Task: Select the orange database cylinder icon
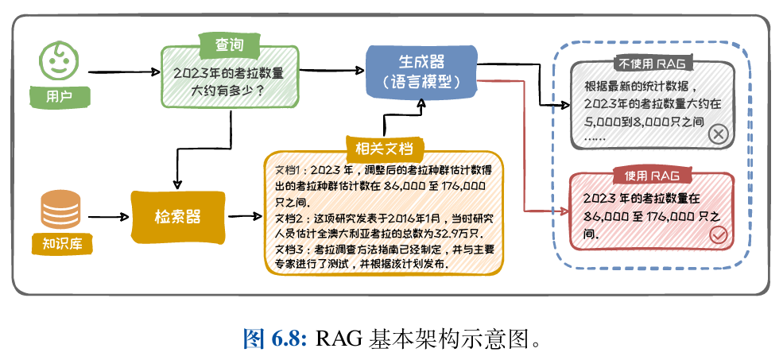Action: (x=59, y=209)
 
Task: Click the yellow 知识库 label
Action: (x=58, y=244)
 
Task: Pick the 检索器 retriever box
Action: (x=177, y=216)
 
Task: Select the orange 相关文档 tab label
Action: (x=385, y=148)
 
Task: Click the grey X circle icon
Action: (x=717, y=134)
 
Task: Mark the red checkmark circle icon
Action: (x=718, y=234)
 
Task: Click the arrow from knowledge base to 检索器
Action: (x=108, y=215)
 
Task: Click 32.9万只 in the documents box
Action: (x=458, y=233)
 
